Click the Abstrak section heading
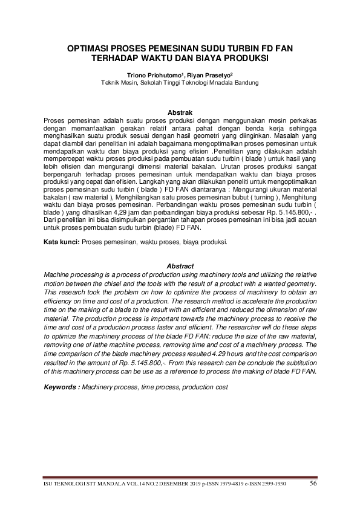180,112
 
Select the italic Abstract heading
180,267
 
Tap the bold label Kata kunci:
61,242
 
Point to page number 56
313,483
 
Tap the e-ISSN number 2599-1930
273,484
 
